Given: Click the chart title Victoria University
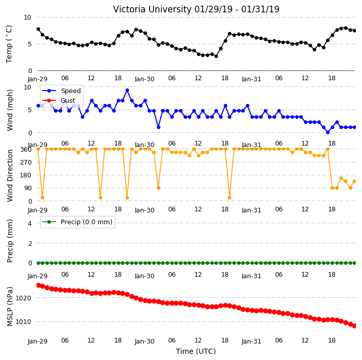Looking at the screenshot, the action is (x=152, y=9).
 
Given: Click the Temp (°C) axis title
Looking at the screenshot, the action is (x=9, y=44).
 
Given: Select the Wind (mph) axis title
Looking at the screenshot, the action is (x=10, y=110).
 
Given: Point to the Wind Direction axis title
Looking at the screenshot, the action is (x=10, y=175).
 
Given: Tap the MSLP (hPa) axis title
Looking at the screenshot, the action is (x=10, y=307).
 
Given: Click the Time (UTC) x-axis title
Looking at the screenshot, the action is (x=196, y=351).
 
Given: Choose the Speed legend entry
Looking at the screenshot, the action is (x=61, y=91).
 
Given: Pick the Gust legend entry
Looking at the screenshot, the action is (x=59, y=100).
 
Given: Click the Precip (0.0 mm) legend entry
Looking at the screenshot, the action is (x=77, y=222).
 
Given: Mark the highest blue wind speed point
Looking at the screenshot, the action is (x=127, y=91).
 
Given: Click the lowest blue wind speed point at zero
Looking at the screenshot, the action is (x=328, y=132).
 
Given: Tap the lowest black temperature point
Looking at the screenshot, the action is (x=216, y=56).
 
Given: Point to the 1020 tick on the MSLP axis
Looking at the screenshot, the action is (x=23, y=298).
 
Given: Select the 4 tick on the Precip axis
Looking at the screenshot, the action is (x=30, y=223).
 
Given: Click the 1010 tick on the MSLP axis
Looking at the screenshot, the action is (x=23, y=321).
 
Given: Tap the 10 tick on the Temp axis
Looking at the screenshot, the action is (x=27, y=17).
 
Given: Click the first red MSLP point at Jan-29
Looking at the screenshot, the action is (x=39, y=285).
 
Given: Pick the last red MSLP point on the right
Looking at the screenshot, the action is (x=354, y=326).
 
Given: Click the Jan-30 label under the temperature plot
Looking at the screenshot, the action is (x=144, y=79).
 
